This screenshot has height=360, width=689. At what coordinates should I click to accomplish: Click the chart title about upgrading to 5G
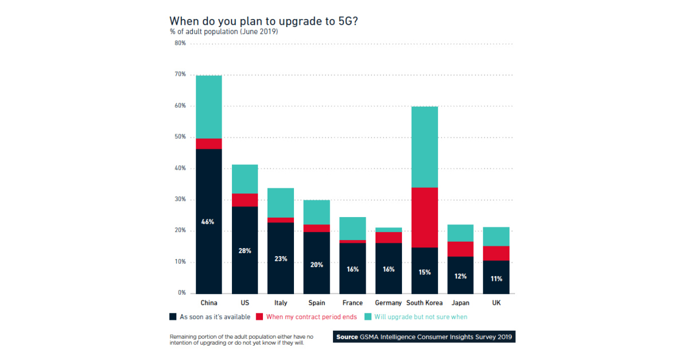265,21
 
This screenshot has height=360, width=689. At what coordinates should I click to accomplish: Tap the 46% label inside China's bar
208,222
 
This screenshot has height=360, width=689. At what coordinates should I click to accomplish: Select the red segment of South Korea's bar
424,218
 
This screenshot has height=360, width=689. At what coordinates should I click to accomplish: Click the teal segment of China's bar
208,107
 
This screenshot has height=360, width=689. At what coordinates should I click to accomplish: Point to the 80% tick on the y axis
180,43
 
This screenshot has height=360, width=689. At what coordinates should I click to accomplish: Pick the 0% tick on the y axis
181,293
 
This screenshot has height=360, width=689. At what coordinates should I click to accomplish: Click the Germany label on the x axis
388,303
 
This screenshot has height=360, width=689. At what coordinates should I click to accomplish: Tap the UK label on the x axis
496,303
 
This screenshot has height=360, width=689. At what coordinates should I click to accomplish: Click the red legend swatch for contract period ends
260,317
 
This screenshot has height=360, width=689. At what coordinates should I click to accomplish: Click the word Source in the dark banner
347,336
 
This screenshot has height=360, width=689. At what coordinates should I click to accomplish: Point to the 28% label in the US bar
245,251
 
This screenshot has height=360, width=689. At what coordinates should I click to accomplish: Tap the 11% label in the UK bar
496,278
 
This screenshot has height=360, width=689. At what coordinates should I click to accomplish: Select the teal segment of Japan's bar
460,233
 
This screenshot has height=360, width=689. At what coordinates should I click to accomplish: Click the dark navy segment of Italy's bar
281,258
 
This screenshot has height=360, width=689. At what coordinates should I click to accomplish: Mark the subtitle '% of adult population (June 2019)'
223,33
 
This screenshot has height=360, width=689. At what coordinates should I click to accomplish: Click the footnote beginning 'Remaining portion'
241,340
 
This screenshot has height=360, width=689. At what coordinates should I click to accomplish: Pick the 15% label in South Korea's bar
424,272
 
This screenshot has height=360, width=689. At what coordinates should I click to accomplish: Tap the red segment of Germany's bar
388,237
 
